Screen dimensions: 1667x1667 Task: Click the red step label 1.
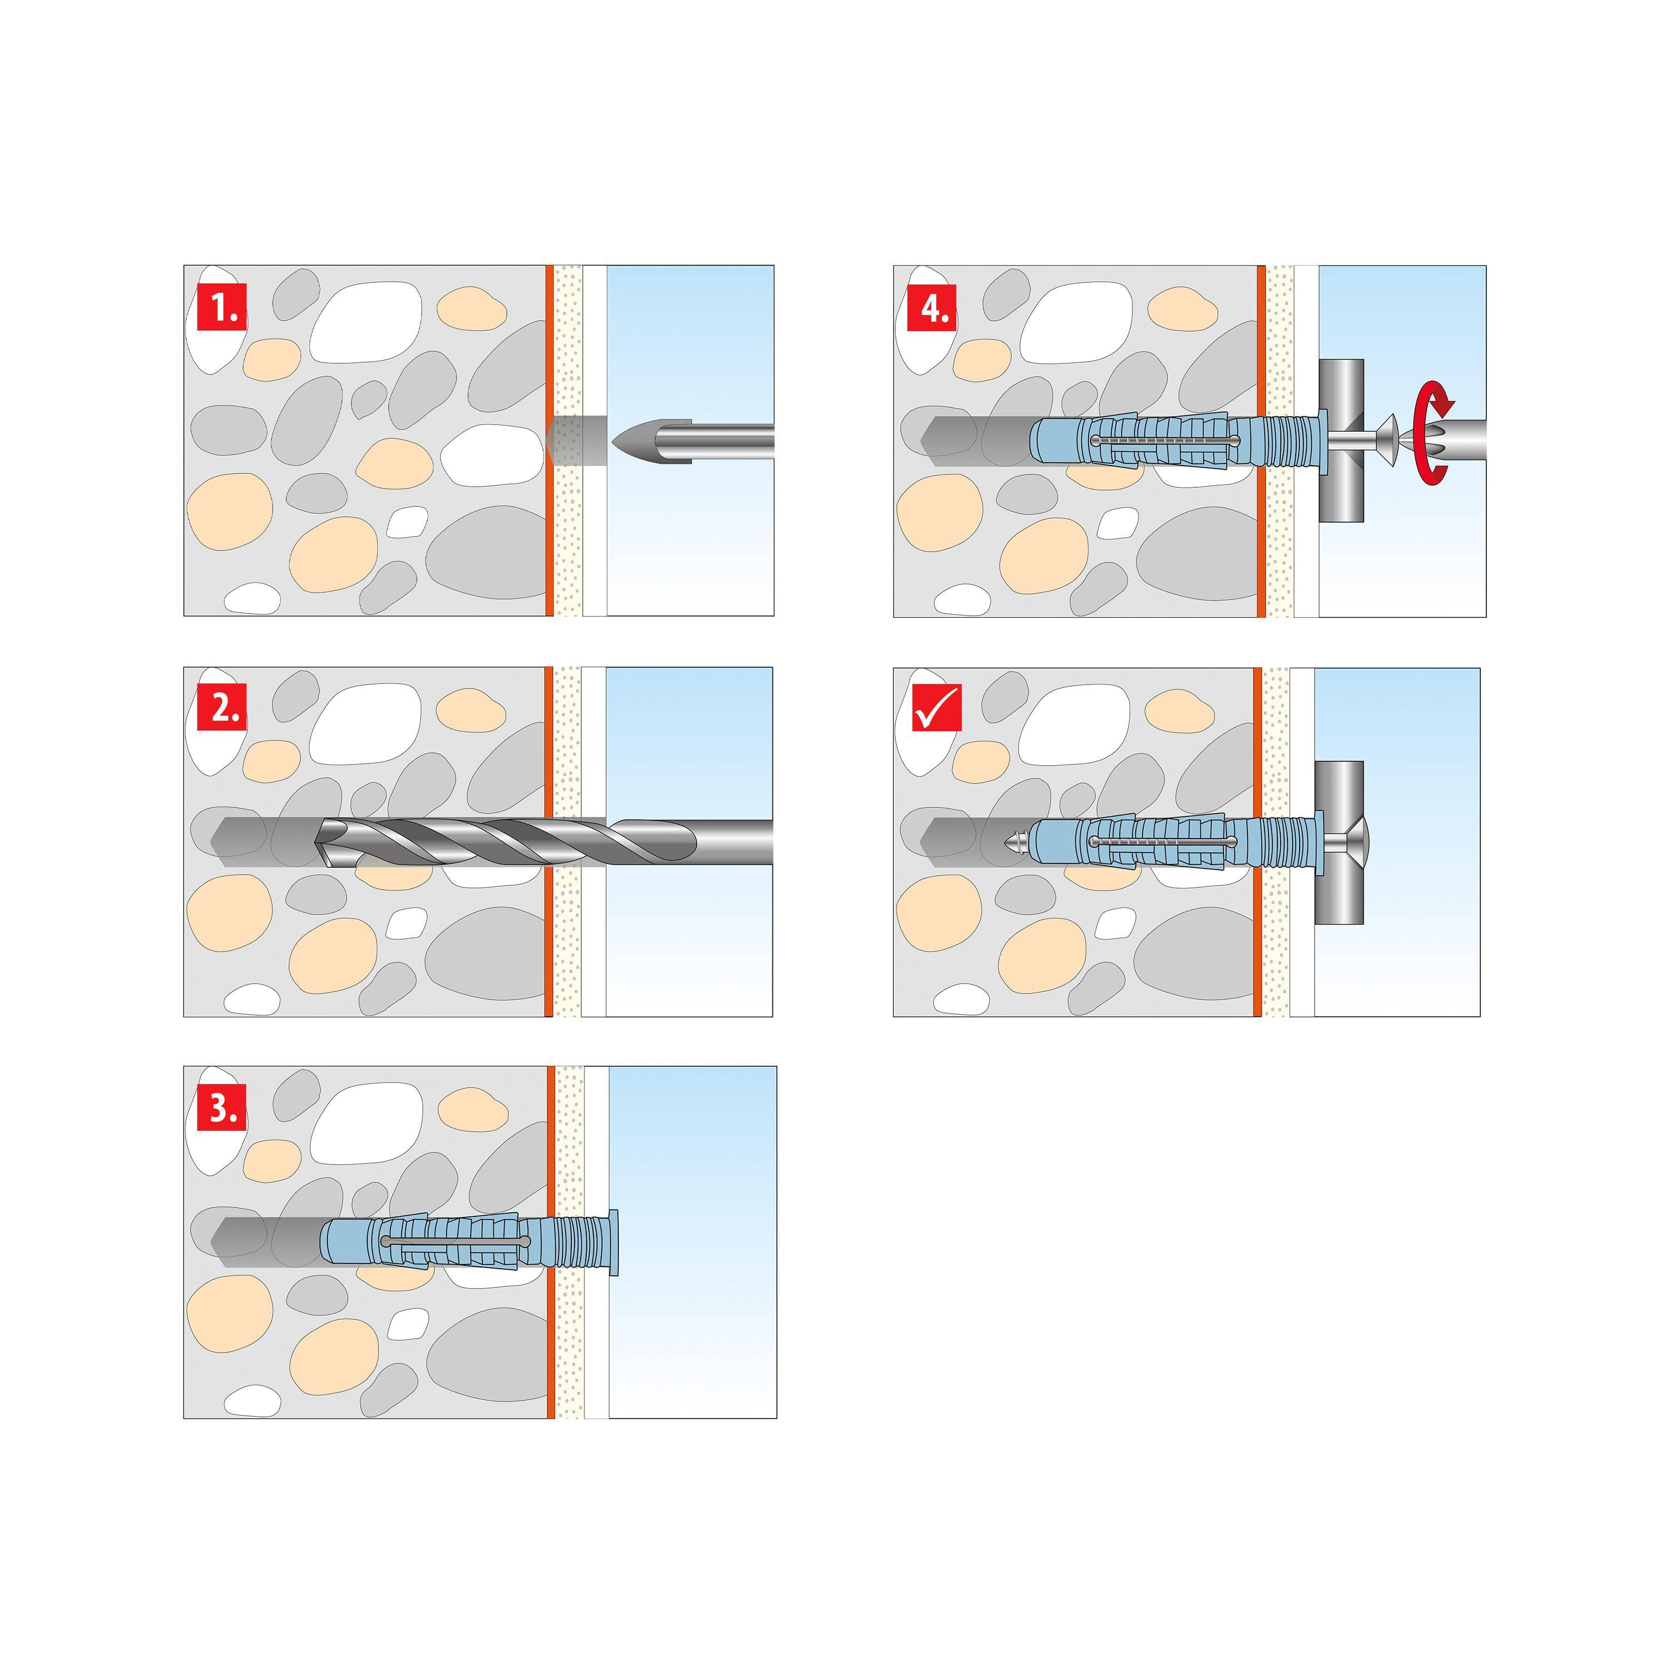point(222,307)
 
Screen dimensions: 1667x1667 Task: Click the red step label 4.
point(932,307)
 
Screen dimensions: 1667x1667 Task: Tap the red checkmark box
point(936,707)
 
